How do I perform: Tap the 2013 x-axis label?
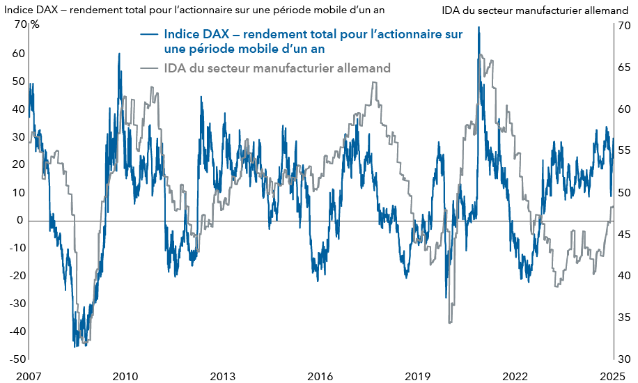222,376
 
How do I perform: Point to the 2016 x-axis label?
320,376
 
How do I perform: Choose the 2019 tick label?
418,376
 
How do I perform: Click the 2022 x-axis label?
515,376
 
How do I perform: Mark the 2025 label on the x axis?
614,376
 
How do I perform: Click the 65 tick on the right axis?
623,68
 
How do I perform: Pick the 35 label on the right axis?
623,318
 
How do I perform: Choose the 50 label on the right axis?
623,193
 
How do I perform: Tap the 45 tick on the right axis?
623,235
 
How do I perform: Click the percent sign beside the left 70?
34,26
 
